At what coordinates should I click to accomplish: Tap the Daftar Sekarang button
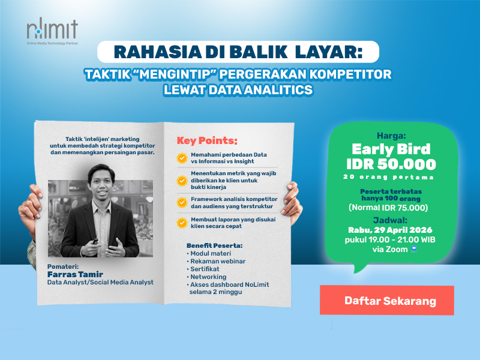tap(390, 301)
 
